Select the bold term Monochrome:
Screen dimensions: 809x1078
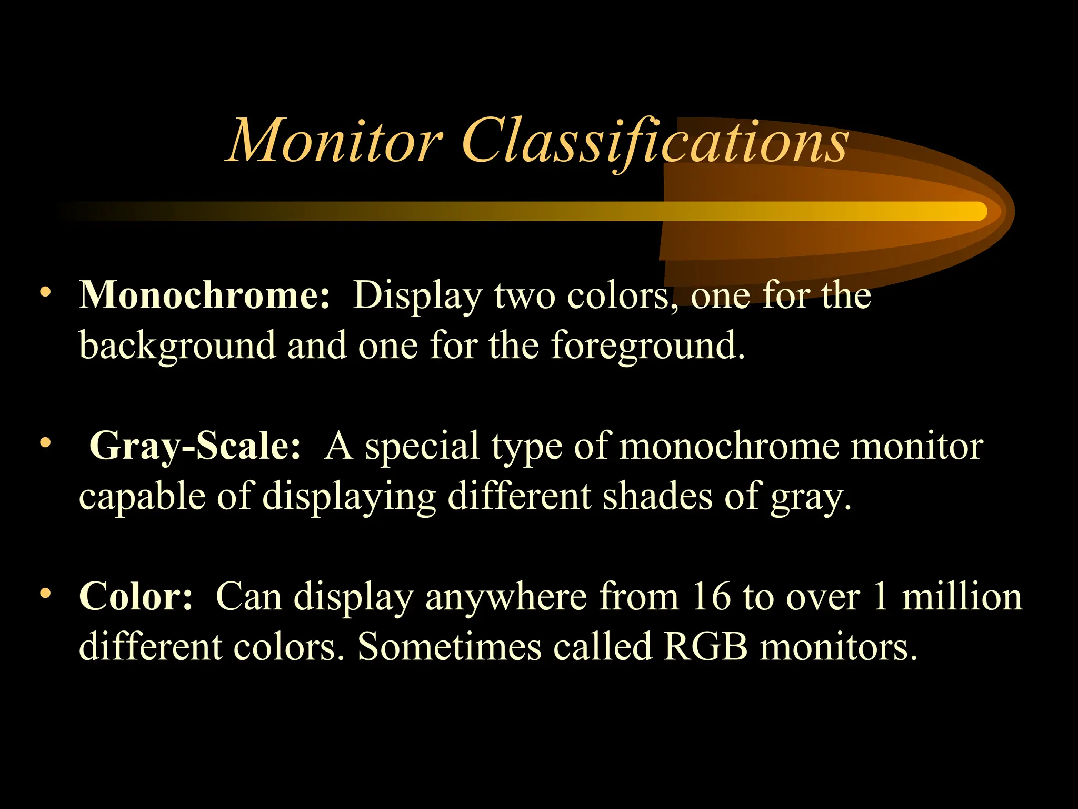[205, 295]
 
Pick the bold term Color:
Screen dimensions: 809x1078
[136, 597]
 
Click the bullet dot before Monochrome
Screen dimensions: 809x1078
[46, 292]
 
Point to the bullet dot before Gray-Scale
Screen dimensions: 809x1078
[46, 443]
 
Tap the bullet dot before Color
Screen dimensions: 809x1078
[46, 594]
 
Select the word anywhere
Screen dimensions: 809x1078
[506, 598]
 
